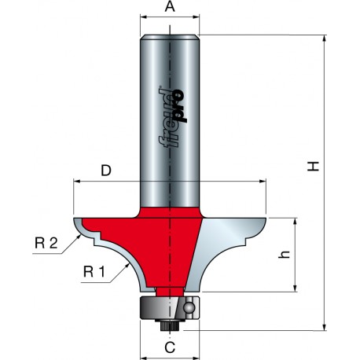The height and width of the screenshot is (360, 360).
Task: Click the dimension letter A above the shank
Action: coord(170,6)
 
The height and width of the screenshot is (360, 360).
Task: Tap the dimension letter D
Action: coord(106,171)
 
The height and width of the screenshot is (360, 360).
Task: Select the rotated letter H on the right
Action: coord(313,166)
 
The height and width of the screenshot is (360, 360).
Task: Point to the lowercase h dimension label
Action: coord(284,254)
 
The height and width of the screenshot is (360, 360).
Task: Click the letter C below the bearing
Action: coord(170,347)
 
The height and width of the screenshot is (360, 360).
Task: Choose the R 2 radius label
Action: coord(46,244)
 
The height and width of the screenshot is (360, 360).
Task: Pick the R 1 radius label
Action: coord(94,272)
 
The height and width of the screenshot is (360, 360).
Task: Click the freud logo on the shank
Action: coord(173,118)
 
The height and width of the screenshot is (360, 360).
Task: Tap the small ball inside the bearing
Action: coord(189,307)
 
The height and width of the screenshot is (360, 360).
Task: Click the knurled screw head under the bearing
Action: coord(170,325)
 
